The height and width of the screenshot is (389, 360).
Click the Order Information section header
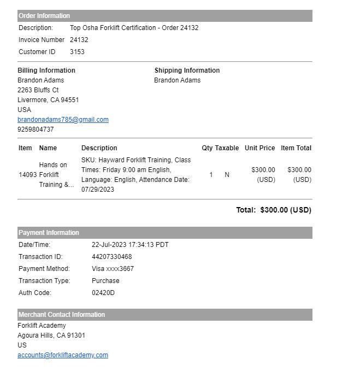[x=44, y=16]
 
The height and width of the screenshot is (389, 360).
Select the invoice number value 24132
[x=79, y=40]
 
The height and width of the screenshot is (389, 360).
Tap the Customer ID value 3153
[x=77, y=52]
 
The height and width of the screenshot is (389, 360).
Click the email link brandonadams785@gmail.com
[x=63, y=120]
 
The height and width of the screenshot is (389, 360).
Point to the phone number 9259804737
[x=36, y=129]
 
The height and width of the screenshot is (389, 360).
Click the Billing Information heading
[x=46, y=70]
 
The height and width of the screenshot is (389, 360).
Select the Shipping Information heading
[x=187, y=70]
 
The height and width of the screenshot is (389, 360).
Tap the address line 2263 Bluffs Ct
[x=38, y=90]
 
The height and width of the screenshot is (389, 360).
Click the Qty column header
[x=207, y=148]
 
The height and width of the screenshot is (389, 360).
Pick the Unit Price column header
[x=259, y=148]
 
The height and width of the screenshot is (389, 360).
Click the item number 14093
[x=27, y=175]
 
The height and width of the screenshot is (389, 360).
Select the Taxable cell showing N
[x=227, y=175]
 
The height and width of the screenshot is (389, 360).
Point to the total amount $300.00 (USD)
[x=286, y=210]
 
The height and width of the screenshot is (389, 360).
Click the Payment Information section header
[x=49, y=233]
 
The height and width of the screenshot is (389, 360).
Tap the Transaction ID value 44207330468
[x=111, y=257]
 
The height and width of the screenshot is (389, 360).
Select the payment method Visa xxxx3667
[x=113, y=269]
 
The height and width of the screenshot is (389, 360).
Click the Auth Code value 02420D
[x=103, y=293]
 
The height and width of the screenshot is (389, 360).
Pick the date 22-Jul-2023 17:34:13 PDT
[x=130, y=245]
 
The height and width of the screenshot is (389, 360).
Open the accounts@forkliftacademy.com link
[x=63, y=355]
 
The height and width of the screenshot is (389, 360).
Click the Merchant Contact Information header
[x=62, y=315]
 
